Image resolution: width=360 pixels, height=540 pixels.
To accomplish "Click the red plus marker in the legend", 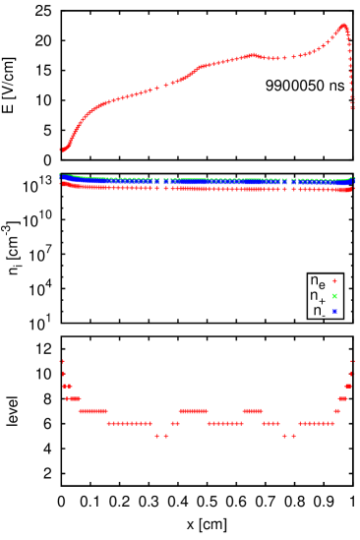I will coord(334,280).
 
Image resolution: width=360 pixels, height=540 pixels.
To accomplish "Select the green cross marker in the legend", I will coord(334,296).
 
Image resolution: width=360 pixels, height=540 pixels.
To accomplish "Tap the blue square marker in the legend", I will coord(334,312).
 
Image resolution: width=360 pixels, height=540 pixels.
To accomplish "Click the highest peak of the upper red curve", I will coord(343,26).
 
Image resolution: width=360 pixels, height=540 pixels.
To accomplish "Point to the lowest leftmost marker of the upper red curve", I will coord(61,150).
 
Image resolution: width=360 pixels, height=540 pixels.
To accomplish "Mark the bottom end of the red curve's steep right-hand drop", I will coord(352,107).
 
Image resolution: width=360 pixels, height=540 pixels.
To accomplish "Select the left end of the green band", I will coord(61,175).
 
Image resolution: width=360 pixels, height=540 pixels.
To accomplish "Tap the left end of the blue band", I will coord(61,178).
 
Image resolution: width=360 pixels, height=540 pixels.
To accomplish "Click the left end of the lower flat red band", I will coord(62,183).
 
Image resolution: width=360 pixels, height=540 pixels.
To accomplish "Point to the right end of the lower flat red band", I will coord(351,189).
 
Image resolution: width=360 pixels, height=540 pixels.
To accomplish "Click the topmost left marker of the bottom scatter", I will coord(62,361).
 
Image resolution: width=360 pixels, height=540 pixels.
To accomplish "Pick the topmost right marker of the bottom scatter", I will coord(352,361).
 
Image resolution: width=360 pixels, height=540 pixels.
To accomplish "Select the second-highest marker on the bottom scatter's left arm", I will coord(64,374).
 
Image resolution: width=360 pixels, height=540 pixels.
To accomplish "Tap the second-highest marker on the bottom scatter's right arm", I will coord(350,374).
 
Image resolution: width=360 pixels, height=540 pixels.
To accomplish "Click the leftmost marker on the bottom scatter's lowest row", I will coord(156,436).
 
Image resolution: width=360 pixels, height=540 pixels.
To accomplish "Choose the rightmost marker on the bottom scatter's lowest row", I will coord(293,436).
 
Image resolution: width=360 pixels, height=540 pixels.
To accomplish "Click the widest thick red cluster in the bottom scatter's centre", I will coord(193,411).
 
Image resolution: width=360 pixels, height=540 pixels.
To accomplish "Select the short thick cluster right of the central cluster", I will coord(253,411).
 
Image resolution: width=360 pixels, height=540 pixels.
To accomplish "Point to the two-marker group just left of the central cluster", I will coord(174,424).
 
